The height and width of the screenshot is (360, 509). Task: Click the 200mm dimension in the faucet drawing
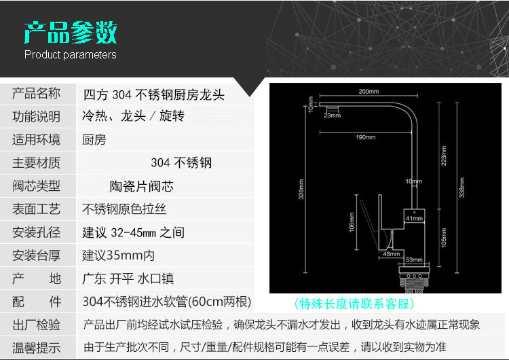pyautogui.click(x=368, y=91)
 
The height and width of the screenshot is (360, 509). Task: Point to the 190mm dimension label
pyautogui.click(x=365, y=137)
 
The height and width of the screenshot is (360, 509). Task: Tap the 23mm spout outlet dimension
pyautogui.click(x=332, y=115)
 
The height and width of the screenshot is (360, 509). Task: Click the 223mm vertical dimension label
pyautogui.click(x=444, y=158)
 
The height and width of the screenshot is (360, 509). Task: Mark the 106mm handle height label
pyautogui.click(x=351, y=221)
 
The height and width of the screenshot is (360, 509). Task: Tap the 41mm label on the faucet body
pyautogui.click(x=414, y=219)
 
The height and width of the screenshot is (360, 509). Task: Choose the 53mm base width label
pyautogui.click(x=414, y=259)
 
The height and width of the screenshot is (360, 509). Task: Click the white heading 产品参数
pyautogui.click(x=71, y=31)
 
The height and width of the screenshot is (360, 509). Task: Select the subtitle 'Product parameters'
pyautogui.click(x=71, y=55)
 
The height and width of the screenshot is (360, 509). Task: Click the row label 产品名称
pyautogui.click(x=37, y=93)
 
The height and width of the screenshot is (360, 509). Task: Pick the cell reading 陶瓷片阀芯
pyautogui.click(x=142, y=185)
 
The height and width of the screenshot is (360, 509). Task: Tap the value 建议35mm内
pyautogui.click(x=118, y=255)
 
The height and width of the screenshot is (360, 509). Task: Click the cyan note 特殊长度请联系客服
pyautogui.click(x=354, y=304)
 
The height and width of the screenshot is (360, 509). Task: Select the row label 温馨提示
pyautogui.click(x=37, y=348)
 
